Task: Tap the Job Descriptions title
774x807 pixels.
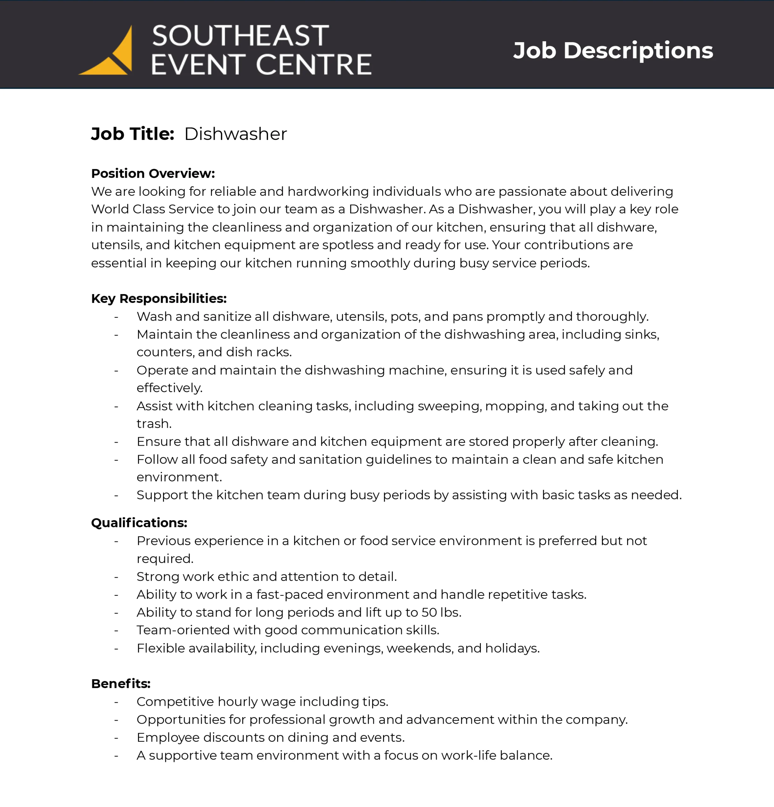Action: (x=613, y=51)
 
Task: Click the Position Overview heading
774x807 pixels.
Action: (x=153, y=173)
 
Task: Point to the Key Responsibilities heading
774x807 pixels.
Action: (x=159, y=299)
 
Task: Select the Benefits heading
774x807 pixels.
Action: (x=121, y=683)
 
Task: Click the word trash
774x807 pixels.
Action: (x=154, y=424)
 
